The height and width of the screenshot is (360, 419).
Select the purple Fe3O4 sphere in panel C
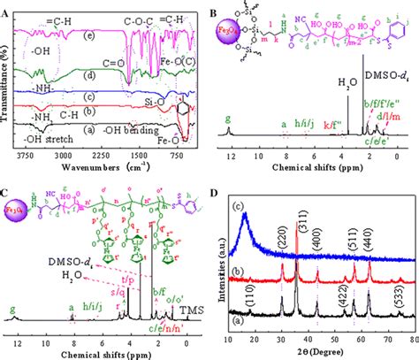pos(19,212)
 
